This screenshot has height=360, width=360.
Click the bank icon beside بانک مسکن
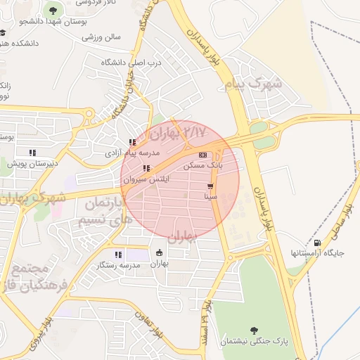click(203, 155)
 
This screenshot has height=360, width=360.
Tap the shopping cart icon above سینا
click(210, 186)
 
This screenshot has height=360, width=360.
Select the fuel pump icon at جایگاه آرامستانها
click(319, 242)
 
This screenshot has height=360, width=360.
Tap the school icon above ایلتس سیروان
click(146, 168)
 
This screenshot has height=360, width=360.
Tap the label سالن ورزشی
click(103, 37)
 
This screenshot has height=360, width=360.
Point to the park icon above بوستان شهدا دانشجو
click(53, 10)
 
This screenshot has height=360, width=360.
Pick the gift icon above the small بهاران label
click(160, 253)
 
